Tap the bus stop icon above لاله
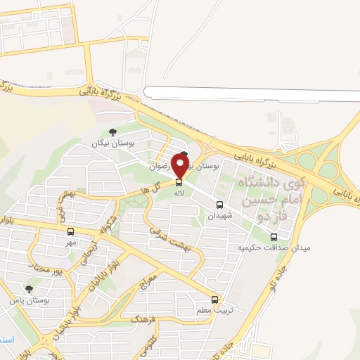click(x=179, y=182)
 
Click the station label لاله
click(x=179, y=192)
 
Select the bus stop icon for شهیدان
click(x=220, y=205)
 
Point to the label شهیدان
click(x=219, y=216)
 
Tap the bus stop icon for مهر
click(x=70, y=231)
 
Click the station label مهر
click(x=70, y=242)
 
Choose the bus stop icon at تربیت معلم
click(x=214, y=300)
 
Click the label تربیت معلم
click(x=214, y=310)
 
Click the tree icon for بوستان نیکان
click(x=113, y=131)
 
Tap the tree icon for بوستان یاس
click(x=29, y=289)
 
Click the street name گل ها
click(x=150, y=188)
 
